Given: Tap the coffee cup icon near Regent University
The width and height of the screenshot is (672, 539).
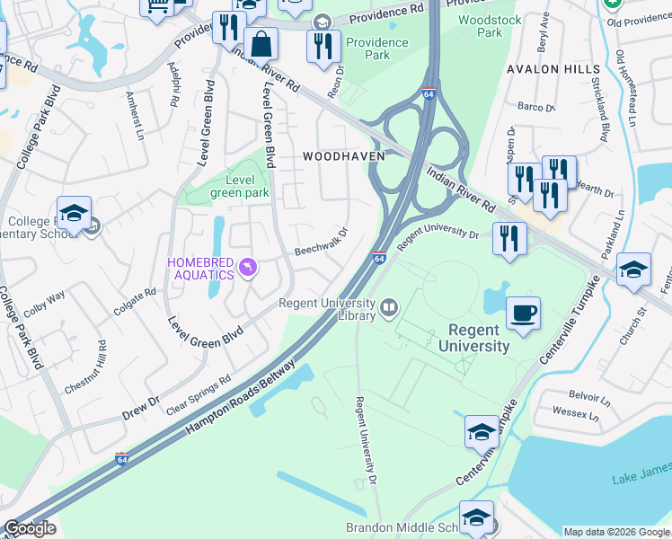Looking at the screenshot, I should coord(523,314).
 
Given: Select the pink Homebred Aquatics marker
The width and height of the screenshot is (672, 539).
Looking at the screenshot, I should coord(250,266).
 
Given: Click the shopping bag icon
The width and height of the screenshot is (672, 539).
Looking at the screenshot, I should coord(261,43).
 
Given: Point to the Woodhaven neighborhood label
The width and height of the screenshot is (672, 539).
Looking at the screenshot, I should coord(343,155).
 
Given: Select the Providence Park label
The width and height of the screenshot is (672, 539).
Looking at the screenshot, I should coord(380,49).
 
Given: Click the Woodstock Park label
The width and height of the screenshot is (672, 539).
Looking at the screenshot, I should coord(480,25).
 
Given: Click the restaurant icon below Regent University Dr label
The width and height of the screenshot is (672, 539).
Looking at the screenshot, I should coord(509,239).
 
